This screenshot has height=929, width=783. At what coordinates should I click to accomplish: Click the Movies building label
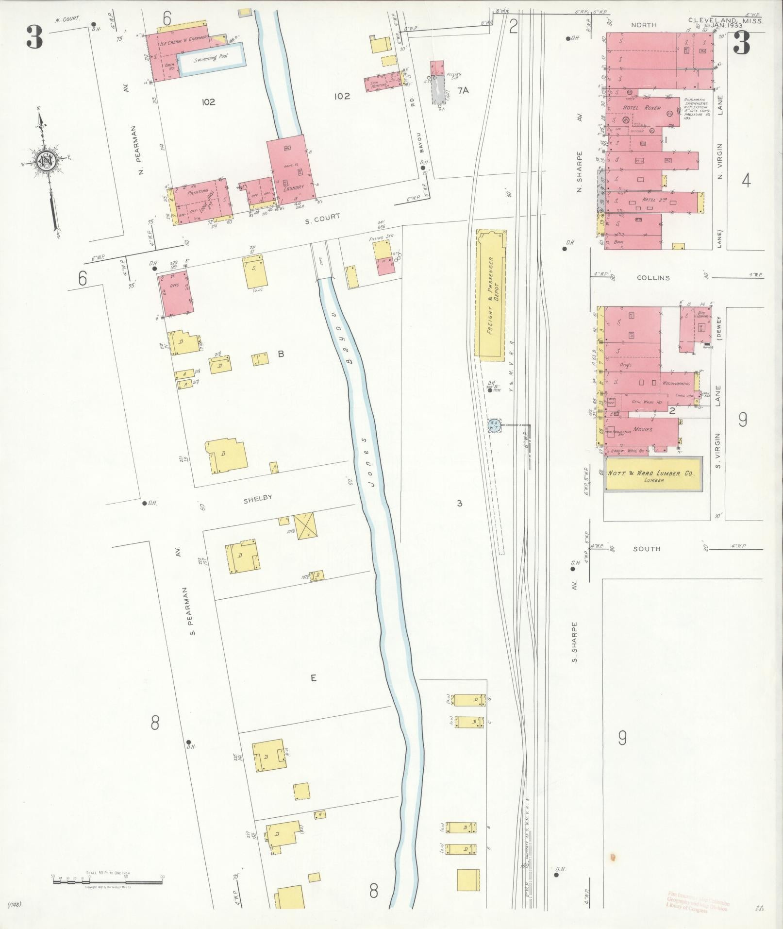tap(643, 429)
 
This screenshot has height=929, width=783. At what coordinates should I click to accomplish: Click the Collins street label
tap(654, 278)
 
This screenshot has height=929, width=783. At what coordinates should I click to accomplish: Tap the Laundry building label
tap(294, 186)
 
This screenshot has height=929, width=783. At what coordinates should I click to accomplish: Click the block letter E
tap(314, 677)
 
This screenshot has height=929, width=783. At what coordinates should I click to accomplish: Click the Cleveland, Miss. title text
tap(725, 21)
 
